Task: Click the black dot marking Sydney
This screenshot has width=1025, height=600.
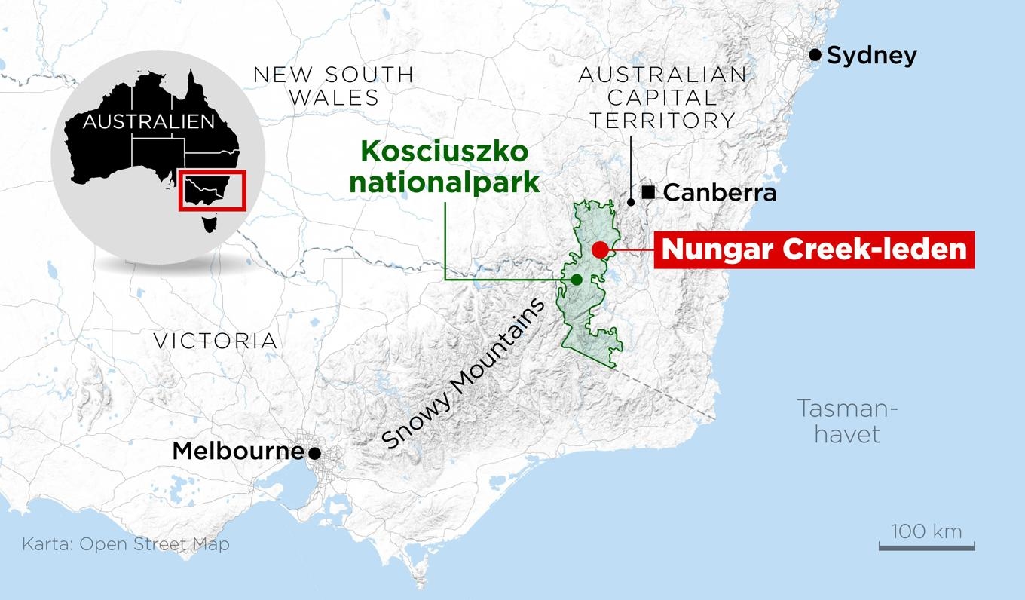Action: (815, 54)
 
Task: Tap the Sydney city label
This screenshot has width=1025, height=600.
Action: (872, 55)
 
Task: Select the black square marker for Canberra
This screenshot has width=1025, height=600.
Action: (648, 192)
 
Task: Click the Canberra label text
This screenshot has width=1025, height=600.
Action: (720, 193)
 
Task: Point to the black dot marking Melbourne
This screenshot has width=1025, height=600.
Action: (314, 453)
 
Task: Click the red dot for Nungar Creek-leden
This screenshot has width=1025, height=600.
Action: (600, 249)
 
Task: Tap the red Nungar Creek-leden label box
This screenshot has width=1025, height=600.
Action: (814, 249)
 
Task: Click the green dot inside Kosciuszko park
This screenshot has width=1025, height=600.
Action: (577, 280)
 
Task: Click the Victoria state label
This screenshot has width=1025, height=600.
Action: (216, 341)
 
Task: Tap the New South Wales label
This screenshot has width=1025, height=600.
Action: (334, 86)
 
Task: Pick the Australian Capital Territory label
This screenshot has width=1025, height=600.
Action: (662, 97)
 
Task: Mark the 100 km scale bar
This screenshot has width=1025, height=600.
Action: (926, 546)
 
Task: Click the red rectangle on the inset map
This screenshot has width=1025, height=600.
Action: (213, 191)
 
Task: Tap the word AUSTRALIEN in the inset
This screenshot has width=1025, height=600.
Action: (148, 121)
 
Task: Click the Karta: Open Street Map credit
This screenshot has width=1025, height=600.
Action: (126, 544)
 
